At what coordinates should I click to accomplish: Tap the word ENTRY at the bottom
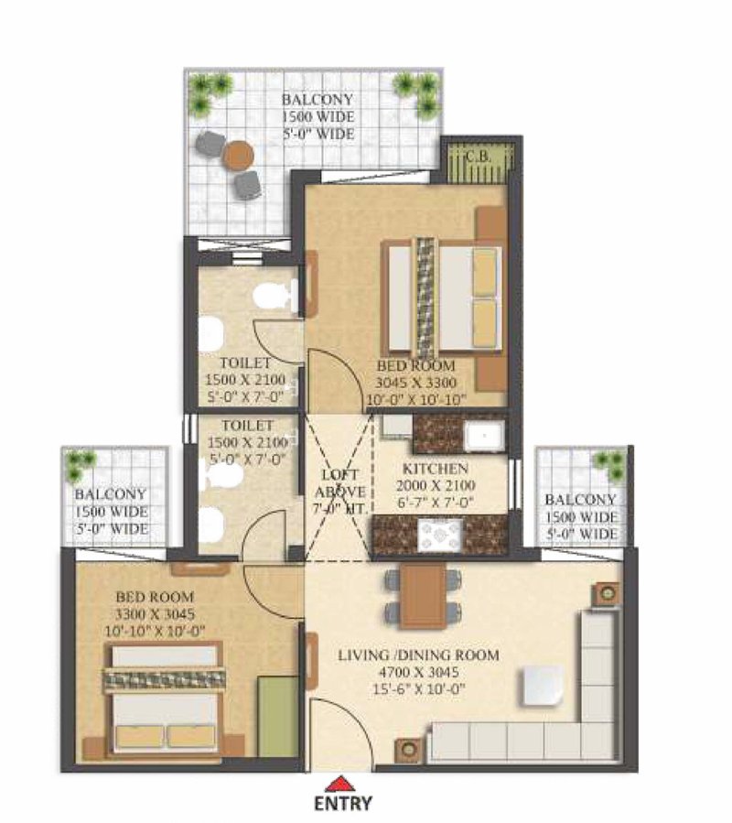343,804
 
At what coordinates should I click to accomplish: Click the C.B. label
478,156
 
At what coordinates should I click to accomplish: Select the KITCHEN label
435,468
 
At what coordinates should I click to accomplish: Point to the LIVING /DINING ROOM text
418,655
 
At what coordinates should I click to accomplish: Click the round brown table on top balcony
238,155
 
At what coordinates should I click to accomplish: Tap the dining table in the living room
424,596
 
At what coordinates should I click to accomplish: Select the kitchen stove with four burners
440,536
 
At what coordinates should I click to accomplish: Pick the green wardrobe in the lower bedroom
277,717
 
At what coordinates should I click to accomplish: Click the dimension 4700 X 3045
419,672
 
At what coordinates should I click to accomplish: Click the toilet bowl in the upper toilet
275,295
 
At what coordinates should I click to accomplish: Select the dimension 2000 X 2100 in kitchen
436,485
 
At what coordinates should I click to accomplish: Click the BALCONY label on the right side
580,499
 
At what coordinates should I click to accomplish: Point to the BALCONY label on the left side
111,494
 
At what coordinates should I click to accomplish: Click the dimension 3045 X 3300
416,382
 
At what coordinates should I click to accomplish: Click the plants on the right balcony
608,464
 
